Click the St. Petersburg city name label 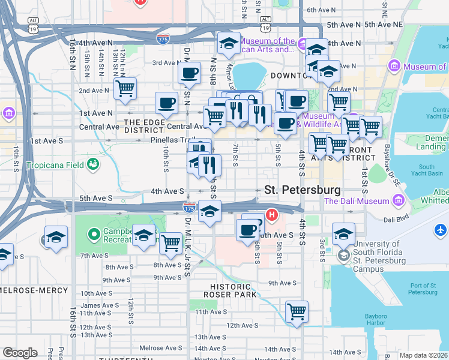[303, 190]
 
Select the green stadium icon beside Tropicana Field [93, 164]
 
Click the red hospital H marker [272, 214]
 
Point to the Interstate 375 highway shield [163, 39]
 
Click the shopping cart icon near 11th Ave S [297, 311]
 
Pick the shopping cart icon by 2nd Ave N [125, 89]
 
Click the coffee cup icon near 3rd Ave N [190, 74]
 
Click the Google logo [20, 352]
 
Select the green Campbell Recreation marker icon [93, 233]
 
